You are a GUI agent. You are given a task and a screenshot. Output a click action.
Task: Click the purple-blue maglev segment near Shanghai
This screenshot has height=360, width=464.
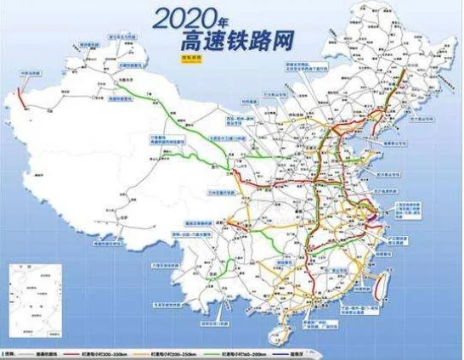[381, 200]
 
